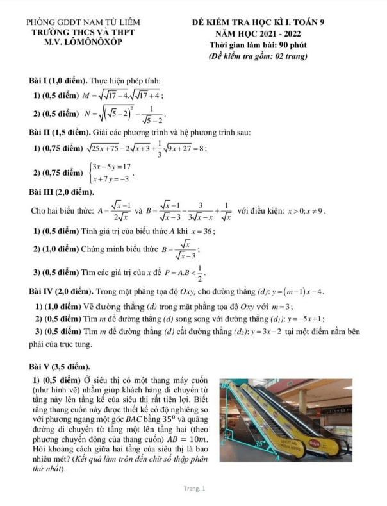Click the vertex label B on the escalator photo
pos(224,385)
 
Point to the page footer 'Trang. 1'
pos(193,490)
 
